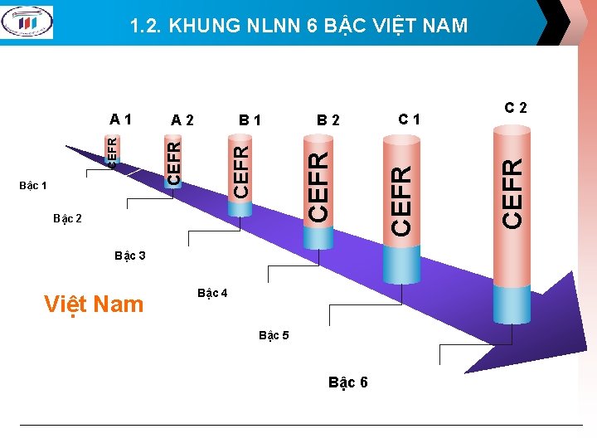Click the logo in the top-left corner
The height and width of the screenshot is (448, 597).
(x=27, y=22)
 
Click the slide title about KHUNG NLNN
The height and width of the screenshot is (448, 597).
(x=298, y=27)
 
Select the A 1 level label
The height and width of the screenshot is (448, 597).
(x=121, y=118)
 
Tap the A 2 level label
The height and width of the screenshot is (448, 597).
(x=182, y=120)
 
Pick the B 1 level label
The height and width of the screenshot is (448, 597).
(x=250, y=120)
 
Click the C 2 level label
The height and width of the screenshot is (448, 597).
(x=516, y=107)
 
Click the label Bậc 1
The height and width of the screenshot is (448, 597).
(x=32, y=185)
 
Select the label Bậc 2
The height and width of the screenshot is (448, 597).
(x=67, y=219)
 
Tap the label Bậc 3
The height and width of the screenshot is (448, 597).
(x=130, y=256)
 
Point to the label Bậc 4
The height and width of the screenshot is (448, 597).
(x=212, y=293)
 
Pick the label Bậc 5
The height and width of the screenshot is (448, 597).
(x=274, y=335)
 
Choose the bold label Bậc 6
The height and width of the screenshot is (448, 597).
(x=348, y=382)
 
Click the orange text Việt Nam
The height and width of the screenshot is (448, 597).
(x=94, y=304)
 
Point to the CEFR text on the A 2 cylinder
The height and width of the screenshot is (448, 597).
(x=173, y=163)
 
